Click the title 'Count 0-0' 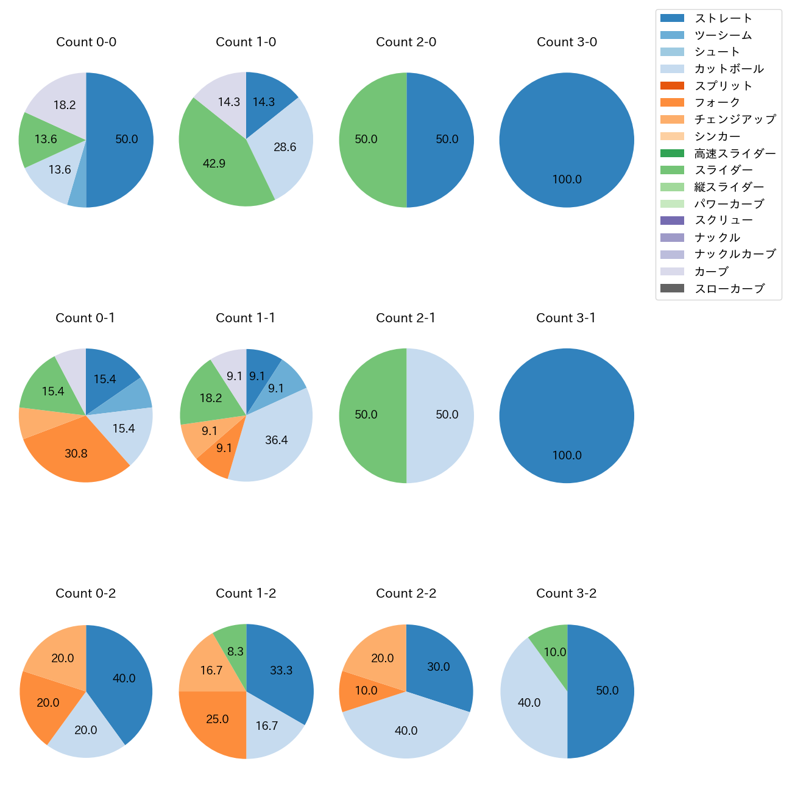[x=86, y=42]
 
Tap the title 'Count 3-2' [x=566, y=593]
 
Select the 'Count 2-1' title [x=406, y=318]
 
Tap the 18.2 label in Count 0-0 [x=65, y=105]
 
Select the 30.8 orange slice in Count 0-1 [x=76, y=452]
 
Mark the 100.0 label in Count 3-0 [x=567, y=179]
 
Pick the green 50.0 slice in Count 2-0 [x=369, y=140]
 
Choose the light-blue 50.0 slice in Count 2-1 [x=445, y=415]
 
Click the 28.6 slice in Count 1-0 [x=283, y=147]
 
